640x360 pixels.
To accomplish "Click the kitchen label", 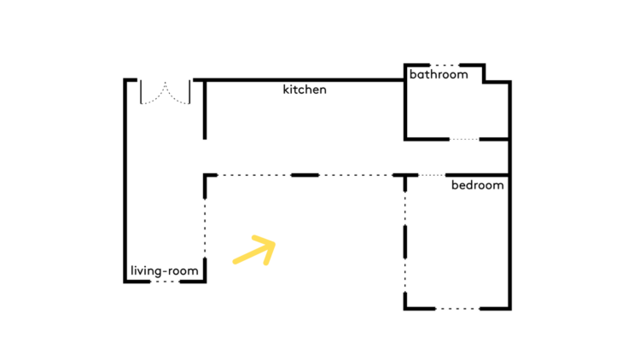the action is [305, 90].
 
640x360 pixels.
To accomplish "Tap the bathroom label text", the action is [439, 74].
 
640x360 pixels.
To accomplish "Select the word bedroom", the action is [478, 185].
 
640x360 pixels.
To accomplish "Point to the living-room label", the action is [165, 271].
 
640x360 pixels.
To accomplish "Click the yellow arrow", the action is [254, 250].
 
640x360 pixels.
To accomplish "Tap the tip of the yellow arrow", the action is [275, 244].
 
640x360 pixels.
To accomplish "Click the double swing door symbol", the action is [166, 92].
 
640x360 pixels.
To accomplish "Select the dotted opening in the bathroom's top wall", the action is [445, 65].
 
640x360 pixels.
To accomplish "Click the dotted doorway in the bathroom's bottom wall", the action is [464, 139].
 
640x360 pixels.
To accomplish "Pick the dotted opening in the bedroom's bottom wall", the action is [457, 309].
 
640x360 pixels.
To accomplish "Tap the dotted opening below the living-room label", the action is [165, 282].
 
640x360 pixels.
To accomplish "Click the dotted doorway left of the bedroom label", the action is [432, 175].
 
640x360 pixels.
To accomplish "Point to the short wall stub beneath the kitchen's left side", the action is [205, 110].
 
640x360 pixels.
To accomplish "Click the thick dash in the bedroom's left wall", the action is [404, 242].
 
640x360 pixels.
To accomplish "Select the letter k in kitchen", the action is [286, 90].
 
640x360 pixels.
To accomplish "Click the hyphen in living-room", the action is [165, 272].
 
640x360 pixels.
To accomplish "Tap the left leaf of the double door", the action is [153, 92].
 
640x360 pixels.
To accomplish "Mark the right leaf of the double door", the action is [178, 92].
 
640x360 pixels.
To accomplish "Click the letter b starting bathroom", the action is [413, 74].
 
